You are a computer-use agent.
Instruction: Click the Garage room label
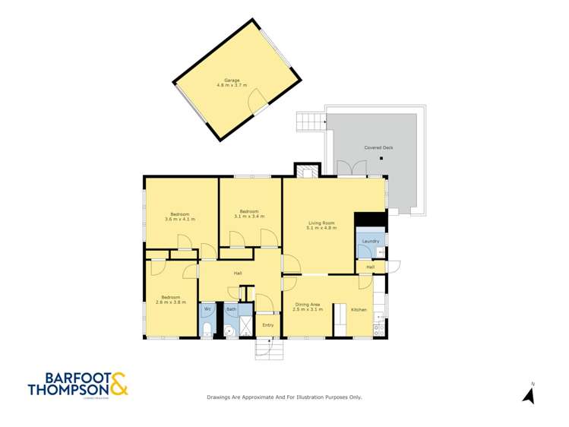pos(232,80)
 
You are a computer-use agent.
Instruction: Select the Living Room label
pos(321,223)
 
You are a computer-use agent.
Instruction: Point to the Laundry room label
pos(370,242)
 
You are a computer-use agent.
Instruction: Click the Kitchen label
pos(359,309)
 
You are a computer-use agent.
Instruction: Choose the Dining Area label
pos(308,305)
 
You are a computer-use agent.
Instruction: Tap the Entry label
pos(267,325)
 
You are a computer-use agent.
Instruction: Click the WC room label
pos(207,309)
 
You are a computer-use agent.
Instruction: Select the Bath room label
pos(231,309)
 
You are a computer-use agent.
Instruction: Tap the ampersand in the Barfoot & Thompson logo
pos(119,384)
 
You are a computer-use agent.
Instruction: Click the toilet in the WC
pos(207,328)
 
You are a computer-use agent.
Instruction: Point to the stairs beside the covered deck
pos(310,122)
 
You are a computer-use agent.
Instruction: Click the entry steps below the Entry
pos(267,348)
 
